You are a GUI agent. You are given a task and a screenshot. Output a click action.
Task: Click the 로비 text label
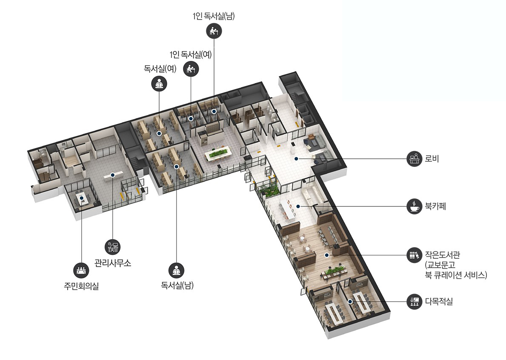pyautogui.click(x=432, y=159)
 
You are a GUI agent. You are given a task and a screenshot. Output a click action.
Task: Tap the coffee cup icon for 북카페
pyautogui.click(x=415, y=206)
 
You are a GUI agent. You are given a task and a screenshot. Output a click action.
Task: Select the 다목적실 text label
pyautogui.click(x=439, y=302)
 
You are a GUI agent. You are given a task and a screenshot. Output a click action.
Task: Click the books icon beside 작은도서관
pyautogui.click(x=415, y=255)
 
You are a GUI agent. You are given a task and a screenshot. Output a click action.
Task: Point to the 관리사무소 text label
pyautogui.click(x=113, y=263)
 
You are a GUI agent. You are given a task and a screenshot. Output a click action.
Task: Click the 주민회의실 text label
pyautogui.click(x=81, y=286)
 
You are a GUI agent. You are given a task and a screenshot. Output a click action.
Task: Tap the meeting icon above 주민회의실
pyautogui.click(x=81, y=270)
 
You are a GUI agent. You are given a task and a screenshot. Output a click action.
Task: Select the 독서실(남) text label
pyautogui.click(x=177, y=285)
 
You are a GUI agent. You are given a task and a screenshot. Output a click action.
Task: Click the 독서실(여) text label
pyautogui.click(x=160, y=69)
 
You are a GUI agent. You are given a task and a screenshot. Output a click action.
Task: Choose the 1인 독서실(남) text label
pyautogui.click(x=214, y=16)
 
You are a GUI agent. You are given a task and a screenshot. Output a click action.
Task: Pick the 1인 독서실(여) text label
pyautogui.click(x=190, y=54)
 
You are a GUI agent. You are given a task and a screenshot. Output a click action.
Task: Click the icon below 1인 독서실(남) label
pyautogui.click(x=214, y=31)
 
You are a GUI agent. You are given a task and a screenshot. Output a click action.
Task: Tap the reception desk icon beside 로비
pyautogui.click(x=415, y=159)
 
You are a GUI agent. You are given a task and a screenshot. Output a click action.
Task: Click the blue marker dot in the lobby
pyautogui.click(x=296, y=159)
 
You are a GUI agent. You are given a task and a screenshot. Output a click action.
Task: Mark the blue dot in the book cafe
pyautogui.click(x=298, y=206)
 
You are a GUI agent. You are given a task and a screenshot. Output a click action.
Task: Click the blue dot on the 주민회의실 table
pyautogui.click(x=82, y=198)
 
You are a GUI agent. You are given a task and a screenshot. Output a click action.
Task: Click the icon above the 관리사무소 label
pyautogui.click(x=113, y=247)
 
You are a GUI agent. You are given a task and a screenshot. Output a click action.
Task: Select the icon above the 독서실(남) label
pyautogui.click(x=177, y=270)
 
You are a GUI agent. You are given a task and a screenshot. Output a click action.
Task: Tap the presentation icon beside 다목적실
pyautogui.click(x=415, y=302)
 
